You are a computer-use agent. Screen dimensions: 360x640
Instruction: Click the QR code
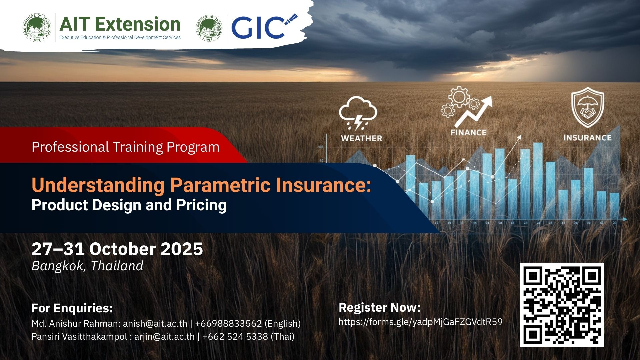tap(562, 305)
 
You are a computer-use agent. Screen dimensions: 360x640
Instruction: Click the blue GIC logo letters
tap(258, 28)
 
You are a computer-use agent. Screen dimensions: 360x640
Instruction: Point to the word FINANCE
tap(468, 133)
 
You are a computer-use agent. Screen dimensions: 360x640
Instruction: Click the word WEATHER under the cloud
tap(361, 138)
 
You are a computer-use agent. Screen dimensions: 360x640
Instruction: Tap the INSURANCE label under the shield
tap(587, 138)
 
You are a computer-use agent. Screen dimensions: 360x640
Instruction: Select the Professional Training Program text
tap(126, 147)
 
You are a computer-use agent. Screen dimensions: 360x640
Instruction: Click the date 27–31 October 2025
tap(117, 249)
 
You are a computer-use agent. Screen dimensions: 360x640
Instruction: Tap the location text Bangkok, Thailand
tap(87, 266)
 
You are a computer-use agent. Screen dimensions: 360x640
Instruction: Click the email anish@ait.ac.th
tap(155, 324)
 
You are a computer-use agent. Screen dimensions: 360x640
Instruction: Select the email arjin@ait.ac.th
tap(164, 337)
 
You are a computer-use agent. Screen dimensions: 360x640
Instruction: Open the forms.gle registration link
tap(420, 322)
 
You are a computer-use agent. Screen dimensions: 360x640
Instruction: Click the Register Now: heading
tap(379, 307)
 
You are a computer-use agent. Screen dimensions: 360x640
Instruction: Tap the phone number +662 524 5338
tap(235, 337)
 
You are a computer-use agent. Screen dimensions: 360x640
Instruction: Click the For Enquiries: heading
tap(72, 308)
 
